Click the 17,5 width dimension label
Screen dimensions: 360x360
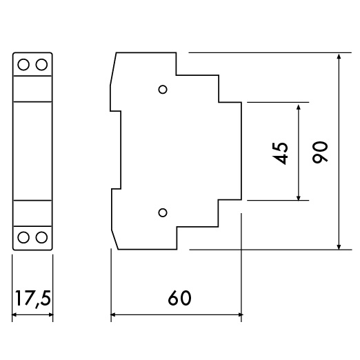(32, 299)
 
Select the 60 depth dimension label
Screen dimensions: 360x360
(179, 298)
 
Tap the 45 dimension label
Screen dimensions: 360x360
(280, 154)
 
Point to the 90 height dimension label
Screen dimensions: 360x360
(320, 152)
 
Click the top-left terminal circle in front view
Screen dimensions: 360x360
(23, 64)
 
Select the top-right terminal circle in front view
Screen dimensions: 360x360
(41, 64)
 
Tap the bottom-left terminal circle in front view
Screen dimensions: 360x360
(23, 237)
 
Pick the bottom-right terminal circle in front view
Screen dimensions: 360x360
(41, 237)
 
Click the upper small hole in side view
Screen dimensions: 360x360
(163, 90)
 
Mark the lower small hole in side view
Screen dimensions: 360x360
(163, 212)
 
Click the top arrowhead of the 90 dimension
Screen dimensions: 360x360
(339, 57)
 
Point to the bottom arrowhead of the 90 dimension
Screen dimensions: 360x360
(339, 246)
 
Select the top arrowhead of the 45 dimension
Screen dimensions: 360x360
(299, 108)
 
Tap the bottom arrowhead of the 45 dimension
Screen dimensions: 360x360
(299, 197)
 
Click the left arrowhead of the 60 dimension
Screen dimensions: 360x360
(114, 314)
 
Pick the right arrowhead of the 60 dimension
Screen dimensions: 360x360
(238, 314)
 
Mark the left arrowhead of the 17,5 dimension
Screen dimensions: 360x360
(15, 314)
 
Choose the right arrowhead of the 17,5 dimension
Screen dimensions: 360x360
(50, 314)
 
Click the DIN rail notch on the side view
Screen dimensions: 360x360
(116, 150)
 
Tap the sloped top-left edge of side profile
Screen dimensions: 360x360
(113, 70)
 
